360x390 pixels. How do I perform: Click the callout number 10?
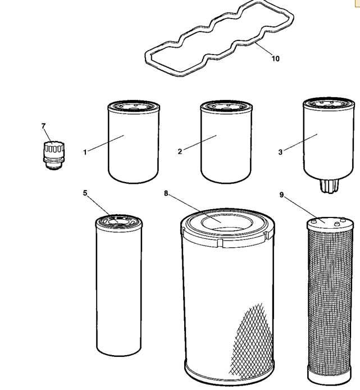tap(275, 58)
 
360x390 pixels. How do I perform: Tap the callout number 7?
tap(43, 126)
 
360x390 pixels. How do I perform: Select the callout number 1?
tap(85, 152)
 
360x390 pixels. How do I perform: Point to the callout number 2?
tap(180, 152)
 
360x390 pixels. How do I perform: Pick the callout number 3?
tap(280, 152)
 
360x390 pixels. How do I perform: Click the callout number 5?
tap(85, 193)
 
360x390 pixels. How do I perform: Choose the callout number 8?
tap(166, 193)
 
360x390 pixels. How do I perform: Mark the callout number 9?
tap(281, 194)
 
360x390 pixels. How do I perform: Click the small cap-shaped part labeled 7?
tap(53, 156)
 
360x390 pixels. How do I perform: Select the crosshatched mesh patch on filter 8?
tap(251, 341)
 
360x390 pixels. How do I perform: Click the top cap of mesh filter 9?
tap(330, 223)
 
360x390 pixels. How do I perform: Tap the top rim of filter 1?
tap(134, 106)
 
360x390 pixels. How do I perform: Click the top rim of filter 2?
tap(226, 106)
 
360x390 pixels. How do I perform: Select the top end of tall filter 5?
tap(119, 221)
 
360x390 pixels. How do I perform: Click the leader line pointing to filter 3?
tap(300, 142)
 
